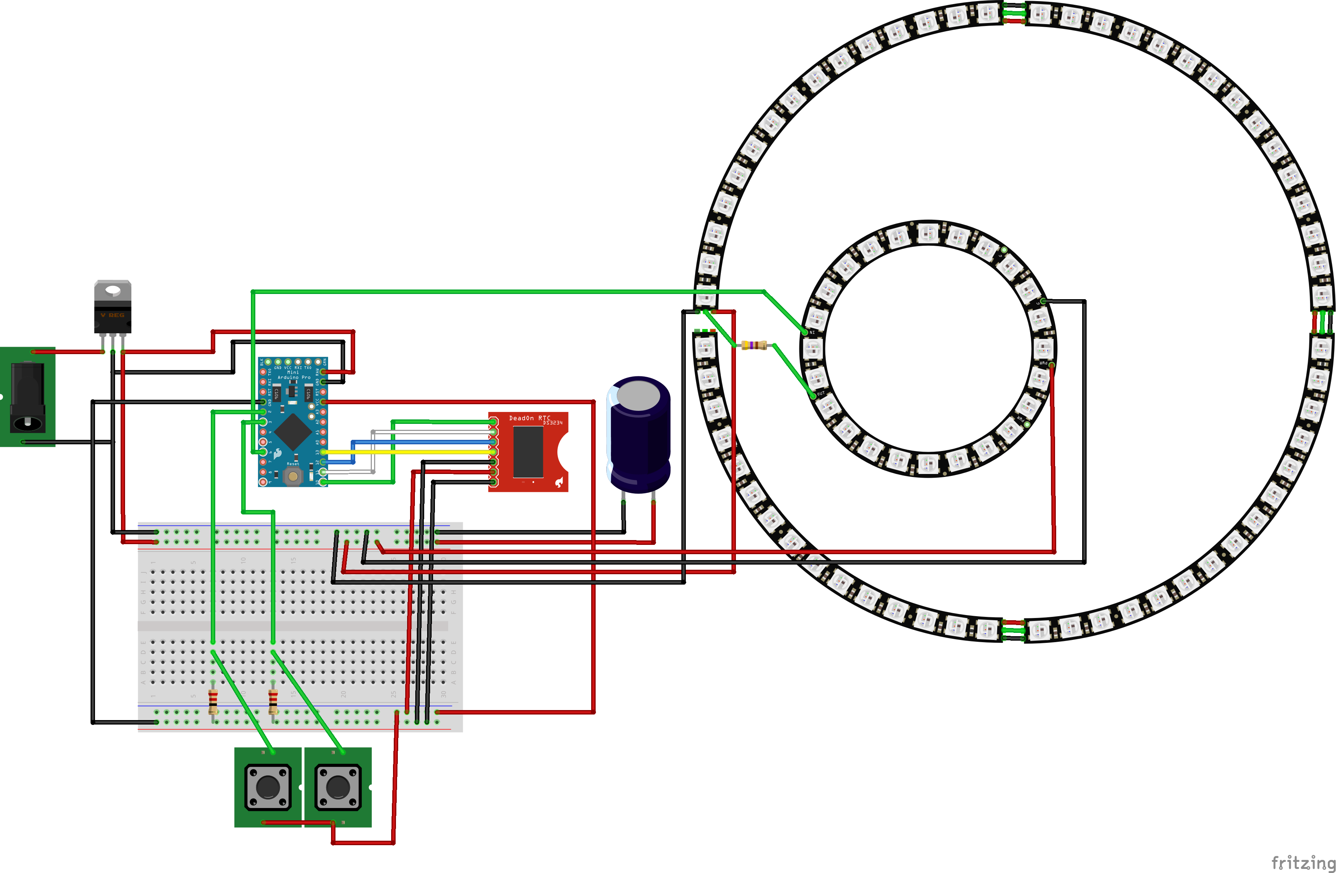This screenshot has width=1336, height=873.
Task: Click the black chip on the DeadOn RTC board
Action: click(x=528, y=452)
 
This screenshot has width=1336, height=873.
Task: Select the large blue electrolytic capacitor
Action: click(x=639, y=435)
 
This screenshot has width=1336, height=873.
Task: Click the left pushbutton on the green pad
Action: click(x=268, y=787)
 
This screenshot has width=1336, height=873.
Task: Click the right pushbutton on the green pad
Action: click(x=337, y=787)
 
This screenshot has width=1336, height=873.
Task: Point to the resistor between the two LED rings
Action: click(x=754, y=345)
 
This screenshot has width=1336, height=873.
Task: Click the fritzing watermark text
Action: click(x=1302, y=862)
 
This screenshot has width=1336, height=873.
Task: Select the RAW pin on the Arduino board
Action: click(x=324, y=372)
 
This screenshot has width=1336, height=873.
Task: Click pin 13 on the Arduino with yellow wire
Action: click(x=324, y=452)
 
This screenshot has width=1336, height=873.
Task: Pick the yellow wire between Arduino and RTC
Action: click(x=410, y=452)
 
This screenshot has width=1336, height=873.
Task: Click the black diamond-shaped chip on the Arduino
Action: click(x=292, y=432)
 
